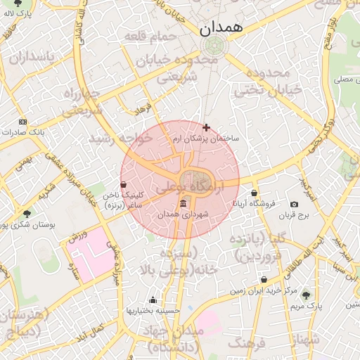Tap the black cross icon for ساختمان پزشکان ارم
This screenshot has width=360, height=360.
click(x=206, y=127)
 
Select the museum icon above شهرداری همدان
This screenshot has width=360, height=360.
click(x=184, y=204)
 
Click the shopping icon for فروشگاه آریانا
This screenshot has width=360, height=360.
click(x=254, y=193)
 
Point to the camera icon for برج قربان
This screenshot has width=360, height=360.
click(x=294, y=205)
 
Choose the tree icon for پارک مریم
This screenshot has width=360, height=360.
click(x=305, y=295)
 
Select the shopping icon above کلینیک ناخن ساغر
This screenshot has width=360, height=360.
click(x=124, y=184)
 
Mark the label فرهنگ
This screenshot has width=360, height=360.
click(x=246, y=343)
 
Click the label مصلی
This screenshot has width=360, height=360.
click(x=340, y=81)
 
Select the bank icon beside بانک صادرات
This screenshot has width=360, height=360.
click(x=23, y=122)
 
